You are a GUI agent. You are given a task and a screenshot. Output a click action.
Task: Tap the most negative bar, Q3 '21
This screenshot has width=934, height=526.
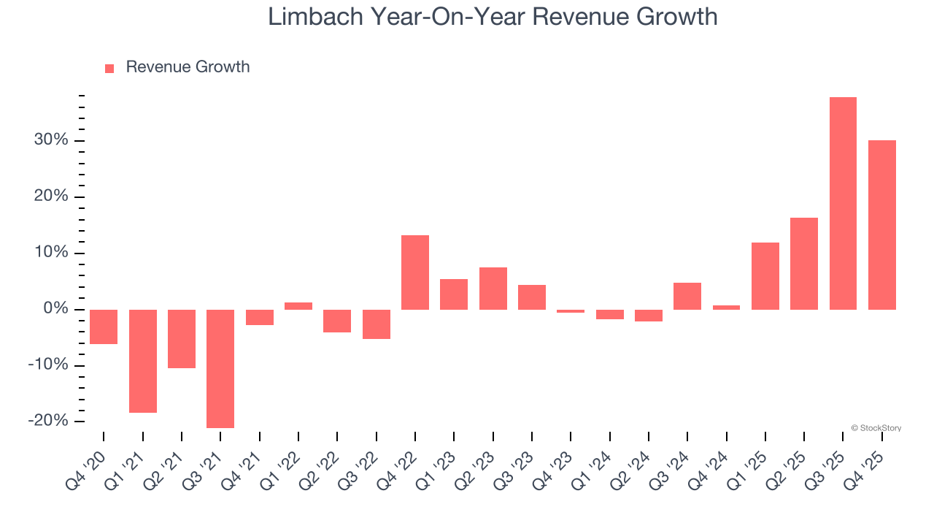[x=220, y=368]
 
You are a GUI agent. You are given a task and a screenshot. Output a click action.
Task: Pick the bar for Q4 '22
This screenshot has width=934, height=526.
[x=415, y=272]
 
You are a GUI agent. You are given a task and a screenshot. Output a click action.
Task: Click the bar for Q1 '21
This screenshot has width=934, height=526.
[x=143, y=361]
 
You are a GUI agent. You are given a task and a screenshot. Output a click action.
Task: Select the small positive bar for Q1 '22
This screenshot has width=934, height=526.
[x=298, y=306]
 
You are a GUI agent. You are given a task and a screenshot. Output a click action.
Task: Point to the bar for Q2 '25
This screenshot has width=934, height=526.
[x=803, y=264]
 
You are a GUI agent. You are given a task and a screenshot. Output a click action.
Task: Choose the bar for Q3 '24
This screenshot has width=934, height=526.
[x=687, y=296]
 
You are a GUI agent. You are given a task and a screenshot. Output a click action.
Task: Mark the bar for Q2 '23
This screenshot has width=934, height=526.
[x=493, y=289]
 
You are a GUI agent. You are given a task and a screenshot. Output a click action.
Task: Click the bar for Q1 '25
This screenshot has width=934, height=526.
[x=765, y=276]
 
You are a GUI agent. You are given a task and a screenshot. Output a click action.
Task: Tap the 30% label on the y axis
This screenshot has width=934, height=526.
[x=51, y=140]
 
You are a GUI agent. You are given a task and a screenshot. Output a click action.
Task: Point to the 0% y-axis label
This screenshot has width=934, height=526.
[x=55, y=309]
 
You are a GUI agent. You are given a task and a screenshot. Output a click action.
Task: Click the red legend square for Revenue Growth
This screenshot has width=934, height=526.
[x=109, y=69]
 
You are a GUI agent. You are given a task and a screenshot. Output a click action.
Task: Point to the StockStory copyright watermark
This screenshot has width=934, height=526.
[x=876, y=428]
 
